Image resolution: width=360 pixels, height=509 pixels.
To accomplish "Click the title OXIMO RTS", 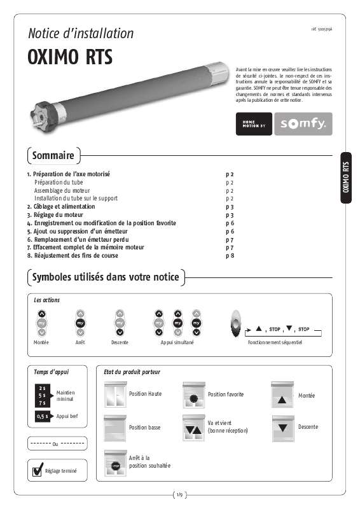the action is pyautogui.click(x=70, y=57).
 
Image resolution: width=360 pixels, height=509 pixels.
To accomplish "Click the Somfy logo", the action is pyautogui.click(x=303, y=124).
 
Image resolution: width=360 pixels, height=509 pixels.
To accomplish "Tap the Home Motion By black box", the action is pyautogui.click(x=254, y=124).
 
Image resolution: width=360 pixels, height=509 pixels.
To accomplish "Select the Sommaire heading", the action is pyautogui.click(x=53, y=155).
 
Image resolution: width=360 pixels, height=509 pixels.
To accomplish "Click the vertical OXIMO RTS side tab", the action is pyautogui.click(x=346, y=178).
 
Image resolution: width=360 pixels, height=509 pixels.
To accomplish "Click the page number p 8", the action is pyautogui.click(x=230, y=255).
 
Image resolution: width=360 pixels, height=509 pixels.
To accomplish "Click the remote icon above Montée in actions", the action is pyautogui.click(x=41, y=323).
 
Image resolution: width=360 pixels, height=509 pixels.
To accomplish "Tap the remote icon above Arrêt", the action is pyautogui.click(x=80, y=323).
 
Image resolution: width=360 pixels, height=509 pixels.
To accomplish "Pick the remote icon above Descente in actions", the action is pyautogui.click(x=119, y=323).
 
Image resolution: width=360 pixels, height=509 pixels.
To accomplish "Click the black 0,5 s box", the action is pyautogui.click(x=43, y=417).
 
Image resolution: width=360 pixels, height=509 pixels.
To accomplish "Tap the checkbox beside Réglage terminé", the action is pyautogui.click(x=38, y=471).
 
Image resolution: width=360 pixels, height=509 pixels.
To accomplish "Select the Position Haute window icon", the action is pyautogui.click(x=115, y=394).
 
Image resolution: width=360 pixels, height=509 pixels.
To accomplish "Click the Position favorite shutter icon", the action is pyautogui.click(x=193, y=394).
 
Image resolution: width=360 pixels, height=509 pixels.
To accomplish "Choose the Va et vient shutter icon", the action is pyautogui.click(x=193, y=427).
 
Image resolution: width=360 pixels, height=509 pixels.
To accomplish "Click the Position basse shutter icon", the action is pyautogui.click(x=115, y=427).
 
